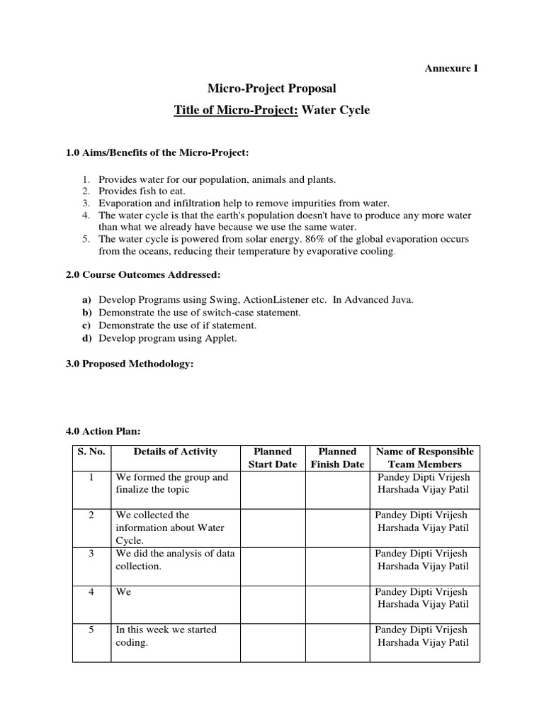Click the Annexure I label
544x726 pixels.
pos(452,68)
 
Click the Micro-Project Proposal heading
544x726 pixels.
pos(271,89)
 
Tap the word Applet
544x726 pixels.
pos(222,338)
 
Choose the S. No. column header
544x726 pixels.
pos(91,452)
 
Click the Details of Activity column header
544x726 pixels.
pos(175,452)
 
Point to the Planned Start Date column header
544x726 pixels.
pos(273,458)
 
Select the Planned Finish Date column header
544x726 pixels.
pos(338,458)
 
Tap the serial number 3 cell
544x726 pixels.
pos(91,554)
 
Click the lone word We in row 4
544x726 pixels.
pos(123,592)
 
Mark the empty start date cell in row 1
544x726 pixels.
pos(273,489)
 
